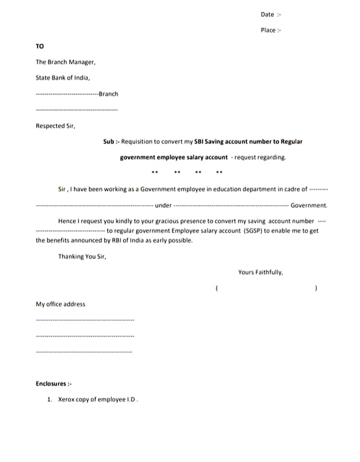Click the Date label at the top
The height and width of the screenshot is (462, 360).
pos(267,14)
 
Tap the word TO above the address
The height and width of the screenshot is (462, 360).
pos(39,46)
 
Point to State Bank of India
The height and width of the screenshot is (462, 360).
pos(62,77)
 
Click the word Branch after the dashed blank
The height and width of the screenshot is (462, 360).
pos(108,93)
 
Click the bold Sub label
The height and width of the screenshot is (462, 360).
pos(109,141)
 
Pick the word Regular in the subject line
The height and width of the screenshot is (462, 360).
pos(290,141)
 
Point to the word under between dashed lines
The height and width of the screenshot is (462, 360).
pos(163,205)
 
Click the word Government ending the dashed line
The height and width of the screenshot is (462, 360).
pos(309,205)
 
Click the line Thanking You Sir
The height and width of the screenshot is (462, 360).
pos(82,256)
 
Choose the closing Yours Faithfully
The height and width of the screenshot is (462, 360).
pos(260,272)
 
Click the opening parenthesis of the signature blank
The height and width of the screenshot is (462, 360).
pos(217,289)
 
